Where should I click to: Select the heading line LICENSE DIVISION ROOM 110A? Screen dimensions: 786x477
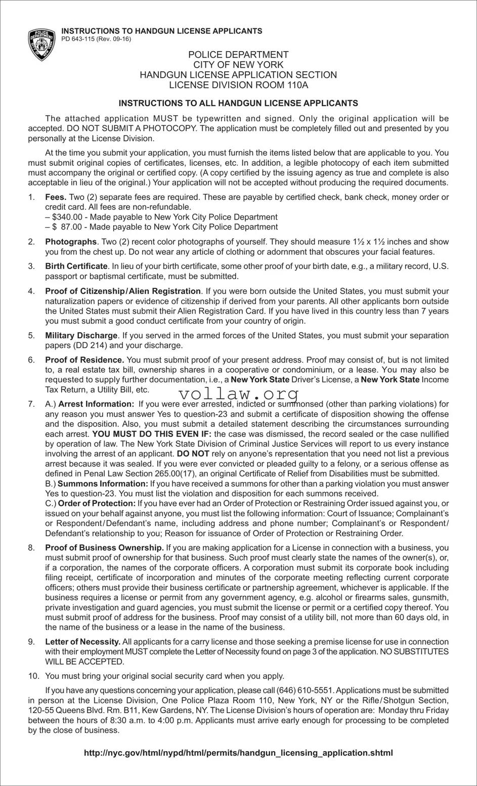[238, 85]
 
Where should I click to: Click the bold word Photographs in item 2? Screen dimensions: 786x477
[71, 242]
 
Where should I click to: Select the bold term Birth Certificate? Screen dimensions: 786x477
[76, 266]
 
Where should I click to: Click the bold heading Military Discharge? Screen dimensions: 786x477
[81, 335]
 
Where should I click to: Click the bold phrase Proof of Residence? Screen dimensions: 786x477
[84, 360]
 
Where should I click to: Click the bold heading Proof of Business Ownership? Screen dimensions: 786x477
[104, 548]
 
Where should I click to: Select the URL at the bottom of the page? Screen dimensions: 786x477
[238, 753]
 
